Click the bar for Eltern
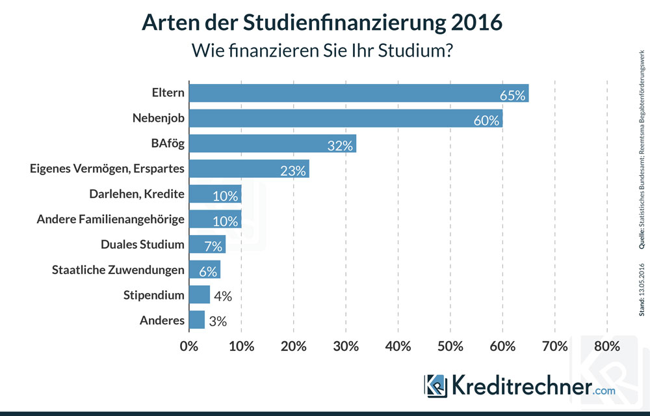(x=358, y=93)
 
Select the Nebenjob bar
(x=345, y=118)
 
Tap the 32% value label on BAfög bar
(x=339, y=146)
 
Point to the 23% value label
(x=292, y=171)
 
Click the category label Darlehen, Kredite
(x=136, y=194)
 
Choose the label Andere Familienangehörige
(x=110, y=219)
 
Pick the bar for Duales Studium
(x=207, y=245)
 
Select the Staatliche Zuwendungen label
(x=118, y=270)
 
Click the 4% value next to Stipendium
(x=223, y=296)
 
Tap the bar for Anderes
(x=196, y=320)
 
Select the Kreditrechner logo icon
(x=436, y=385)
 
